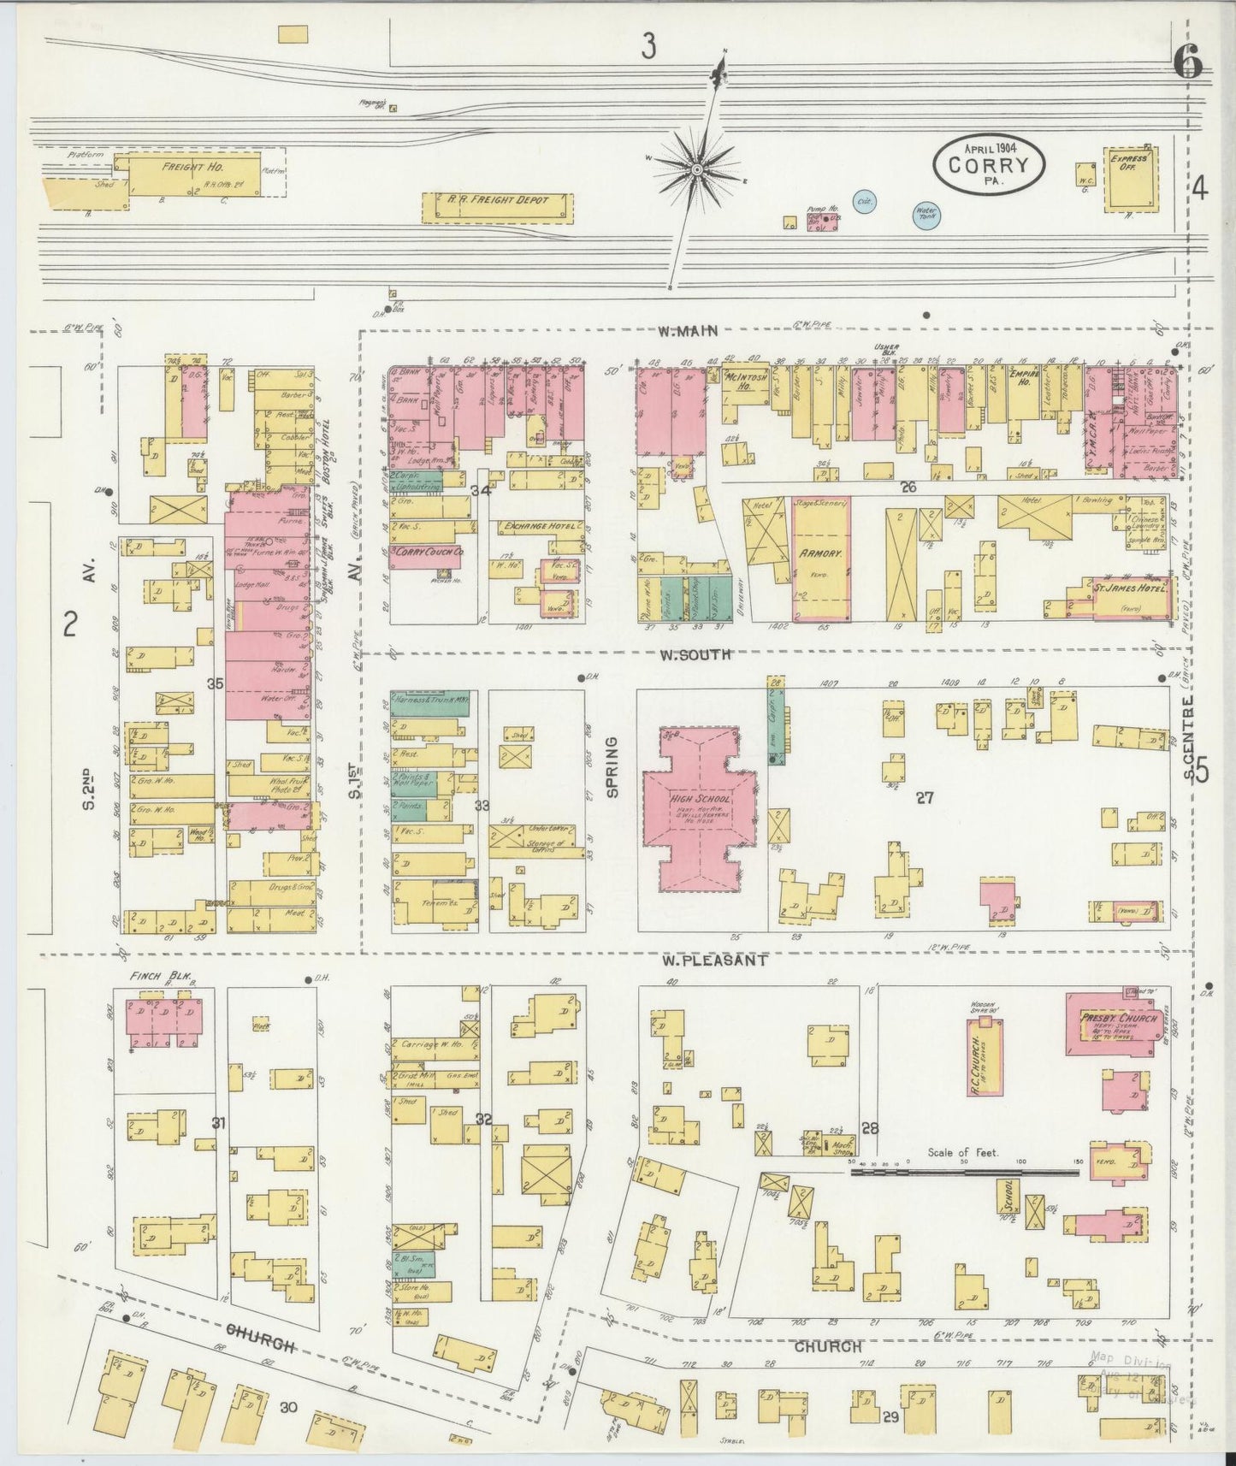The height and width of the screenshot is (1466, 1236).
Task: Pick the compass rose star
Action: tap(698, 170)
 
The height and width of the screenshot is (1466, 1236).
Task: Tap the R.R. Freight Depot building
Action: tap(497, 206)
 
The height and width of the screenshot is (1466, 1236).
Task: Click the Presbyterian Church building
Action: tap(1110, 1023)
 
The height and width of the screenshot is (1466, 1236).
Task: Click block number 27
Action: tap(924, 797)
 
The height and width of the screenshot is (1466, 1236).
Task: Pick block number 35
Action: tap(215, 683)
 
